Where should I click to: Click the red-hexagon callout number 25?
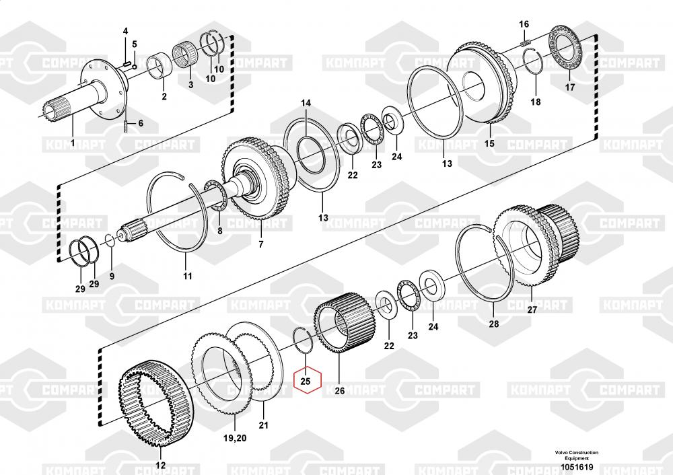click(305, 381)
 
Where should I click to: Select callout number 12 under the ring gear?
click(160, 465)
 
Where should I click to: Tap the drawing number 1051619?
click(577, 467)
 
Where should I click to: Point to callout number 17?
click(569, 87)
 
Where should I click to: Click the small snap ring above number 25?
click(303, 340)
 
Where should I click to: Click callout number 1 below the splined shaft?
click(73, 143)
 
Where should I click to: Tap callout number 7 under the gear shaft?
click(261, 245)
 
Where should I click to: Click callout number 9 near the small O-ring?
click(112, 277)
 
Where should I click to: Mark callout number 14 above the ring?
click(306, 103)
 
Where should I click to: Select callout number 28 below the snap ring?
click(494, 324)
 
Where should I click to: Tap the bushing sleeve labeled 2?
click(160, 67)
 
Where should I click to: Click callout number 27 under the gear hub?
click(532, 309)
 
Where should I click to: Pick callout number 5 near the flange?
click(135, 44)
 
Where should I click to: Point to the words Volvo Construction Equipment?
click(577, 455)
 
